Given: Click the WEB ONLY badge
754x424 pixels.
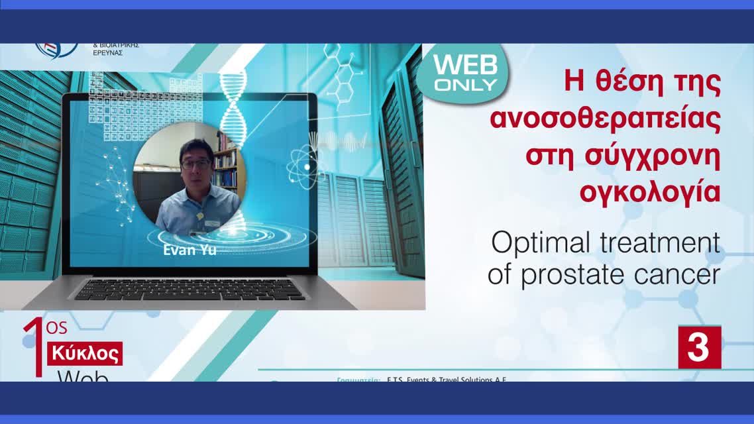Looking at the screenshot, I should (464, 72).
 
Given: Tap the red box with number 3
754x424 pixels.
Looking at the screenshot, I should (699, 347).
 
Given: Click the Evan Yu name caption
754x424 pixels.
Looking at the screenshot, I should (189, 250).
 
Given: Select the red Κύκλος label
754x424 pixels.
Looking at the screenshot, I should (85, 354).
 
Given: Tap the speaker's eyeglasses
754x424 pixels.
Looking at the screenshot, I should (195, 162).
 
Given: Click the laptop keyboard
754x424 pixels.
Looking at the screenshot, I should (189, 290).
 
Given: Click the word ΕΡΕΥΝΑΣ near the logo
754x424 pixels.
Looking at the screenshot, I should (108, 53).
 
